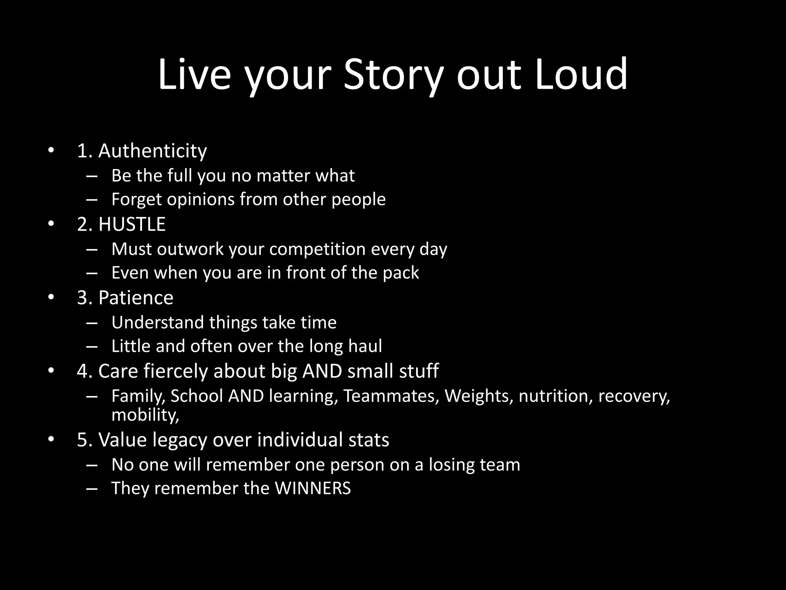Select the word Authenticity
(x=152, y=151)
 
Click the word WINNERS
(x=312, y=488)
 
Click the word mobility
(x=144, y=415)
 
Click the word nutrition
(x=553, y=396)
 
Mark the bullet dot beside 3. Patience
(x=51, y=297)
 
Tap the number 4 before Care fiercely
(x=83, y=371)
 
